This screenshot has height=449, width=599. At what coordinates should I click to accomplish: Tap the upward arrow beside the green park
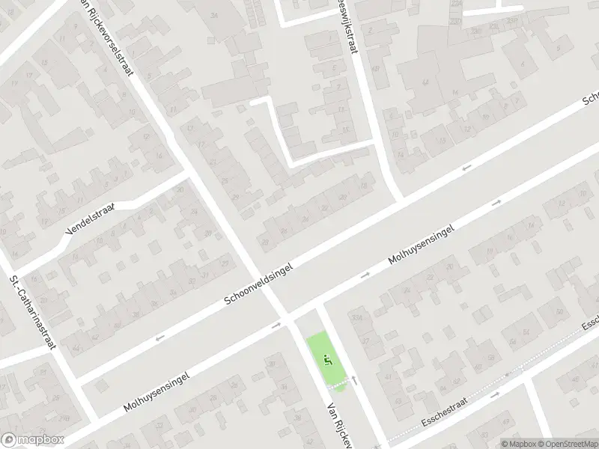point(354,379)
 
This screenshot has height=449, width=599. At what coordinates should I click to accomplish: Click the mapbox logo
point(31,439)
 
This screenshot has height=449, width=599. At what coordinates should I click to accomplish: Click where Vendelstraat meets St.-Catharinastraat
point(15,270)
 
